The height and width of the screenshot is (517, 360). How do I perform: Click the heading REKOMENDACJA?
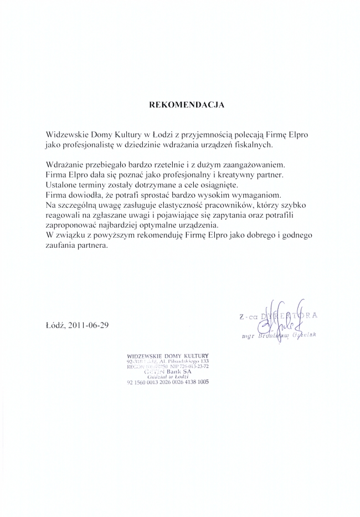[x=187, y=105]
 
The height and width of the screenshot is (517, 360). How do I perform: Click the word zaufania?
[x=62, y=244]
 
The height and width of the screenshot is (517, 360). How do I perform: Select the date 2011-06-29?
[x=89, y=325]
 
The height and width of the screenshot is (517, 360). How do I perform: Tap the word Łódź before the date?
[x=56, y=325]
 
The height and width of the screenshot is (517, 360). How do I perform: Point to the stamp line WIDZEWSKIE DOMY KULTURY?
[x=167, y=355]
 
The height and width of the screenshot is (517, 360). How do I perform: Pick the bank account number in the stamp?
[x=167, y=382]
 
